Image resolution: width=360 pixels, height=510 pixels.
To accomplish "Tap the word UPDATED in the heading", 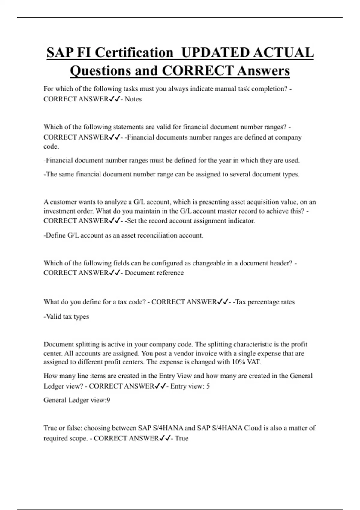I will [215, 53].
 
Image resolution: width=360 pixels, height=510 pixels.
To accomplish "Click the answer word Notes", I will [133, 99].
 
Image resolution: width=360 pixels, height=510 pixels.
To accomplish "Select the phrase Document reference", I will [154, 273].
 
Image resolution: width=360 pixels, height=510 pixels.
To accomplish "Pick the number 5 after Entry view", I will [208, 386].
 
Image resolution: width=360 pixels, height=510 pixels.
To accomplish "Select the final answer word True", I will [181, 438].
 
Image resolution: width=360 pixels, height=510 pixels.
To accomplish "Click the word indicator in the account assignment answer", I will [240, 221].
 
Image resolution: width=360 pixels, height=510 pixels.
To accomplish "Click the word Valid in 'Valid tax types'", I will [54, 316].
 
